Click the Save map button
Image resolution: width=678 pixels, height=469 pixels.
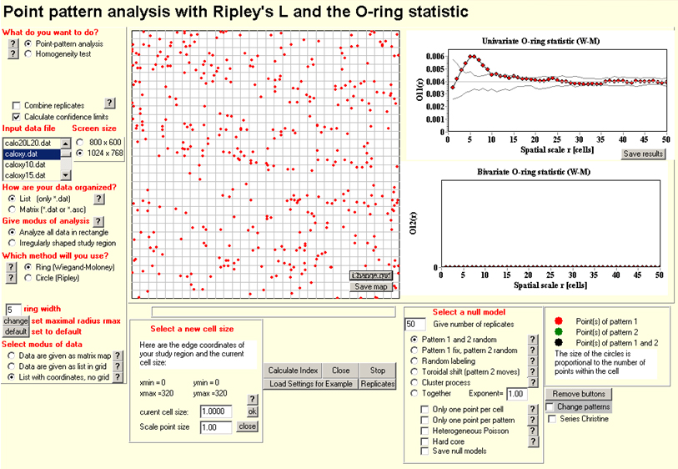point(371,286)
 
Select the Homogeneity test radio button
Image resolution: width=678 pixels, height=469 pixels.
point(29,54)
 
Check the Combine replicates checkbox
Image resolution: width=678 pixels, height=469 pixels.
point(17,105)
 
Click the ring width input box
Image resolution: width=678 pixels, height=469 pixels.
point(13,309)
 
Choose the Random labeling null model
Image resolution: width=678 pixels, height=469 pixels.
point(414,361)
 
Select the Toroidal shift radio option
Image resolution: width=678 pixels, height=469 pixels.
point(414,371)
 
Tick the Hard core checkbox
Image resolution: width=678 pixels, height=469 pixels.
point(426,441)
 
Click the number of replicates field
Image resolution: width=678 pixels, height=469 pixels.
point(414,324)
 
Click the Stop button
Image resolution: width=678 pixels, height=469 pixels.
point(378,370)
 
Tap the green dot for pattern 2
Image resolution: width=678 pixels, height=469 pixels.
point(558,331)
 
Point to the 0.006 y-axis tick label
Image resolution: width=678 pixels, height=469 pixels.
point(433,57)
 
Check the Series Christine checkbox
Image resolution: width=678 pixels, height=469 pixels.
point(551,418)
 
